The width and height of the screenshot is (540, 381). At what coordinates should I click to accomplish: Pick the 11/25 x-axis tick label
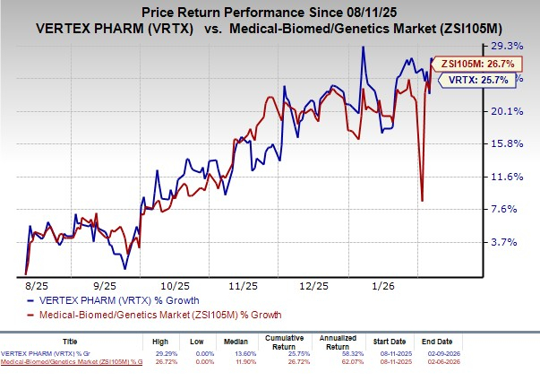coord(244,285)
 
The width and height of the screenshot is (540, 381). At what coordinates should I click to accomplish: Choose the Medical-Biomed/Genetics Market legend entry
coord(151,315)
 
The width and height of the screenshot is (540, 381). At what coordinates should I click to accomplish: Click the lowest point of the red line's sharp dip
coord(422,200)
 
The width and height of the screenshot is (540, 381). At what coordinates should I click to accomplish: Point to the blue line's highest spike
coord(363,48)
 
